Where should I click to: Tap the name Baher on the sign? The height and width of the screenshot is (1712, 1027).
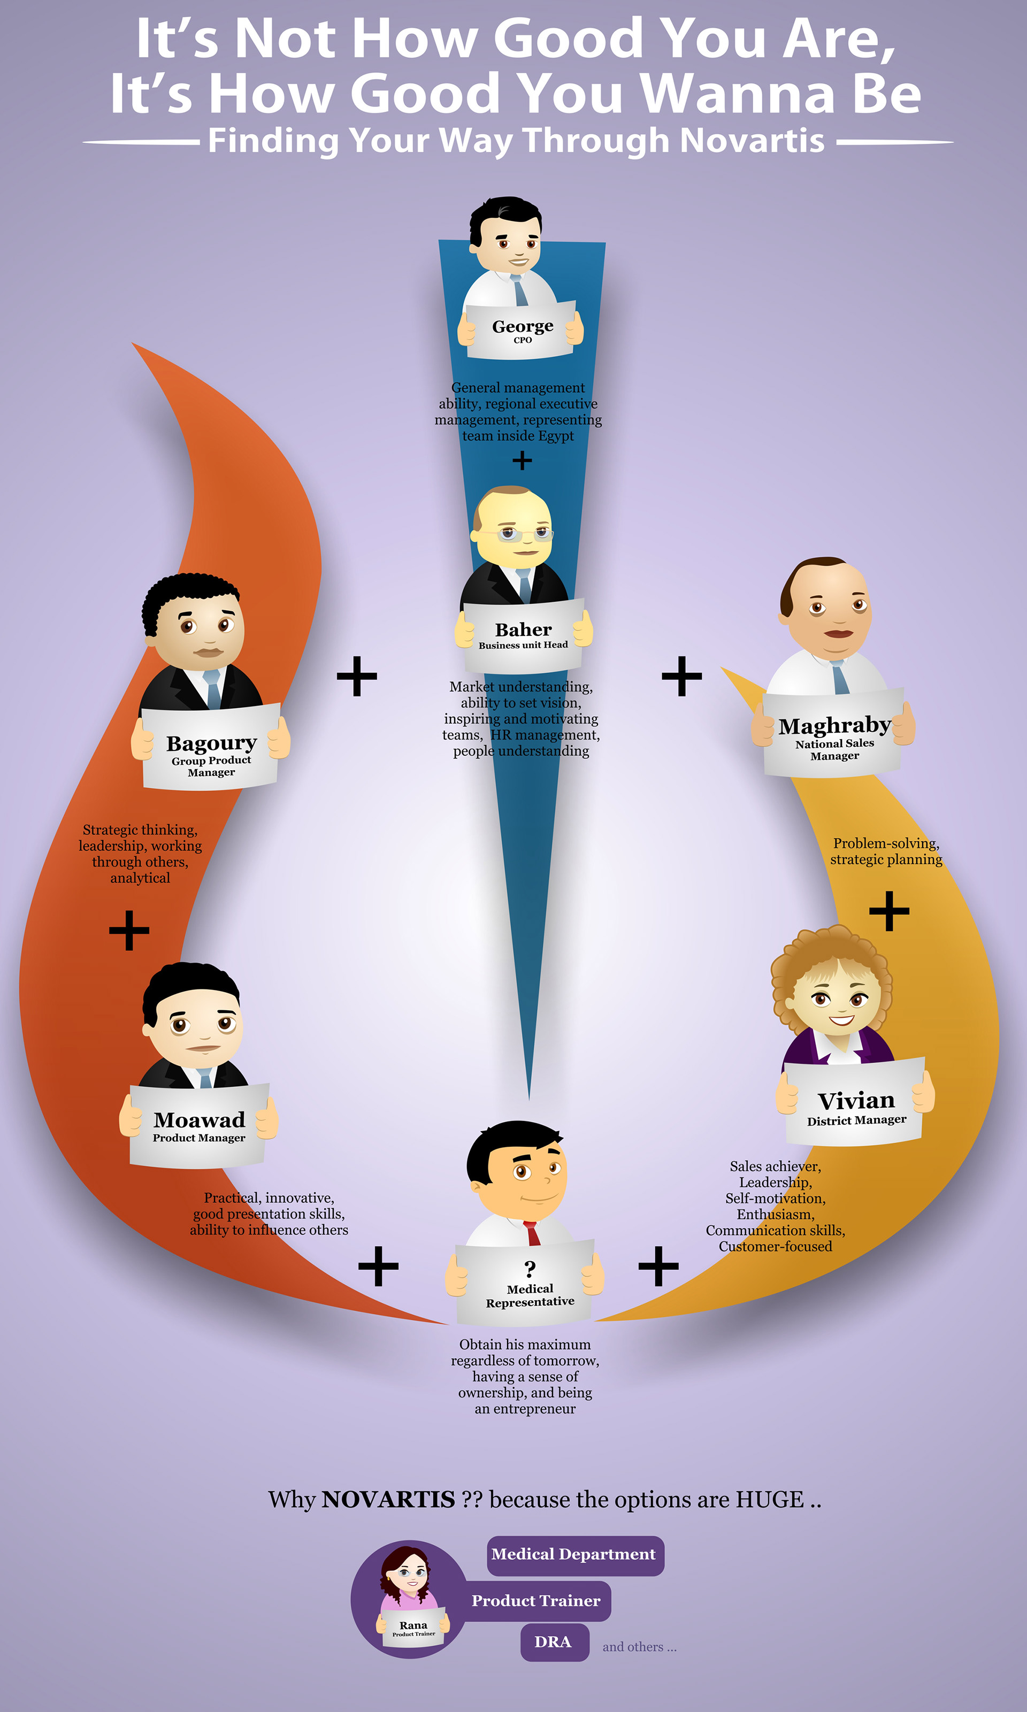(x=523, y=629)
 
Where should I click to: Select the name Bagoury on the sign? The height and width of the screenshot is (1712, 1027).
(x=212, y=743)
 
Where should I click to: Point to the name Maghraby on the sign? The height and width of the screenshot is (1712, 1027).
(x=834, y=726)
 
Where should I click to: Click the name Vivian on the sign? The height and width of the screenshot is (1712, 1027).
(x=856, y=1101)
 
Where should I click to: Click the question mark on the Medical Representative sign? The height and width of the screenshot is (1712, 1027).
(x=530, y=1269)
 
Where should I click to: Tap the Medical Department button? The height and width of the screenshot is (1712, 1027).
(x=574, y=1555)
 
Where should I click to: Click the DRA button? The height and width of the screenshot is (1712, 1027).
(x=554, y=1642)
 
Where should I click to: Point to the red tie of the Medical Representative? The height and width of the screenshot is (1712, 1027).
(x=532, y=1233)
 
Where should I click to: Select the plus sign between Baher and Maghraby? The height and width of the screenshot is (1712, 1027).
(x=681, y=675)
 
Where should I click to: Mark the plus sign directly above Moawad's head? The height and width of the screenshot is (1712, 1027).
(x=129, y=930)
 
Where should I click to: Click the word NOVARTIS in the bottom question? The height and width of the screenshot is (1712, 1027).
(x=388, y=1500)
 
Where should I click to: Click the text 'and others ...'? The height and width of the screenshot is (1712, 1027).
(x=639, y=1647)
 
